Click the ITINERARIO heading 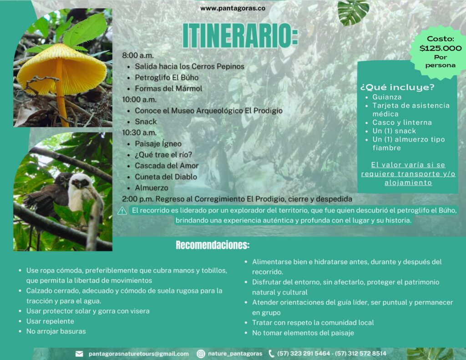pyautogui.click(x=240, y=35)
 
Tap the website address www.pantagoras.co pyautogui.click(x=233, y=8)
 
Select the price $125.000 pyautogui.click(x=441, y=48)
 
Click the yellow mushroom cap pyautogui.click(x=62, y=70)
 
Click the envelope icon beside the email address pyautogui.click(x=79, y=354)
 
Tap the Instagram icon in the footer pyautogui.click(x=201, y=354)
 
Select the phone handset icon pyautogui.click(x=271, y=354)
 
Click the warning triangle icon pyautogui.click(x=122, y=211)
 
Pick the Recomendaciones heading pyautogui.click(x=213, y=245)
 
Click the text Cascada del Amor pyautogui.click(x=167, y=166)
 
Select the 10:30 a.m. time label pyautogui.click(x=139, y=132)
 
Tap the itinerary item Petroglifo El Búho pyautogui.click(x=167, y=77)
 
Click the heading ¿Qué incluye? pyautogui.click(x=397, y=87)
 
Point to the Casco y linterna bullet pyautogui.click(x=402, y=122)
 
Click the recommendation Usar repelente pyautogui.click(x=50, y=321)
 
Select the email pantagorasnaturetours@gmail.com pyautogui.click(x=138, y=354)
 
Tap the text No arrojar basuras pyautogui.click(x=56, y=331)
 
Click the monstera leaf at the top pyautogui.click(x=353, y=12)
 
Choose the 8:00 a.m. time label pyautogui.click(x=138, y=56)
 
